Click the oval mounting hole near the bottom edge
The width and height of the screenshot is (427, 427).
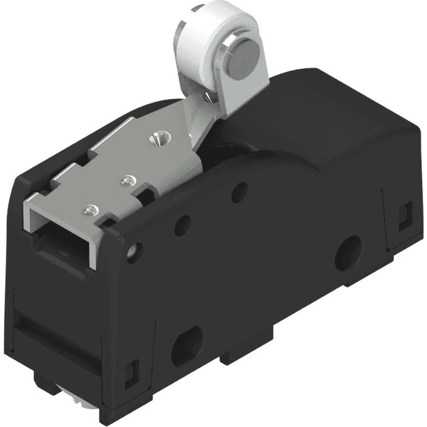(187, 344)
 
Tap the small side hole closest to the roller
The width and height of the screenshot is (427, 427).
(241, 191)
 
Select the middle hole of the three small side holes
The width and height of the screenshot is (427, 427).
(182, 224)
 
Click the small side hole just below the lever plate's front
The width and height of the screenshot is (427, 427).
(133, 251)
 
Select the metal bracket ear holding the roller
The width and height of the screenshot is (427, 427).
(213, 107)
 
